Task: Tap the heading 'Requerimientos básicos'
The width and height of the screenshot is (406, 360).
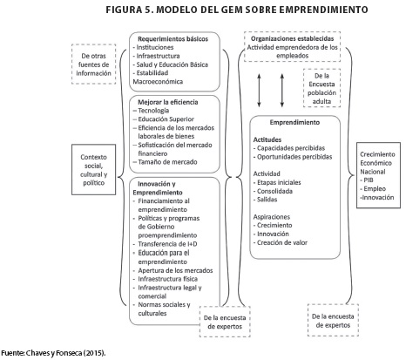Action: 173,39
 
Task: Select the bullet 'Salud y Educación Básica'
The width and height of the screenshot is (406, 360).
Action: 171,65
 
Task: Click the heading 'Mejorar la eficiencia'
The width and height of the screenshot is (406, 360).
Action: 168,102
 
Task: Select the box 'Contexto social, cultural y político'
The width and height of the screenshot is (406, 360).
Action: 93,169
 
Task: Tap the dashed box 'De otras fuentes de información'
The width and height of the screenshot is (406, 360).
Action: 93,65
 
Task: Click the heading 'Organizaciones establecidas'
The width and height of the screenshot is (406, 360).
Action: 292,38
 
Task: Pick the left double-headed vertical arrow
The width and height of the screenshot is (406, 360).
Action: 259,91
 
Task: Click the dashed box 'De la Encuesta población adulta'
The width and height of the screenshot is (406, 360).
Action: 321,88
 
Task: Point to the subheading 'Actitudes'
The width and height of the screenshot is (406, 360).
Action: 267,139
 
